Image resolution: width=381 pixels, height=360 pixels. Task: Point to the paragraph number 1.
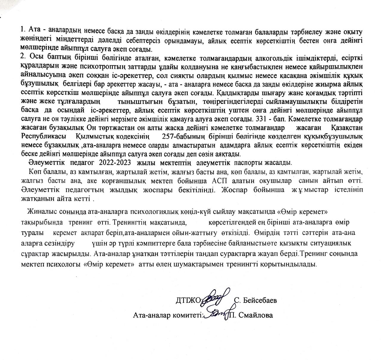coord(22,30)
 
